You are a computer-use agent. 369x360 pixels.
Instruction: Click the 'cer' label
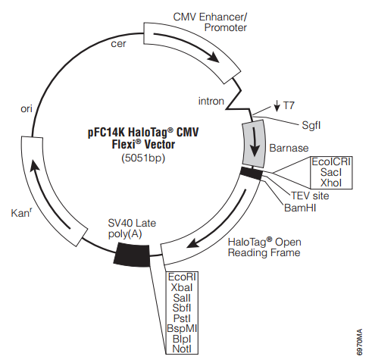tap(118, 44)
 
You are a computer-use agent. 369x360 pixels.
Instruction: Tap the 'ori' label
tap(27, 108)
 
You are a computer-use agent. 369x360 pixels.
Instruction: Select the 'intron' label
tap(211, 101)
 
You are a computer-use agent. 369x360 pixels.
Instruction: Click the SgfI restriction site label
tap(311, 125)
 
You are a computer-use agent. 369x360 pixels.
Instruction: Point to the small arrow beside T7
tap(277, 105)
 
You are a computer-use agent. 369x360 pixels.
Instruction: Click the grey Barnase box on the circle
tap(254, 143)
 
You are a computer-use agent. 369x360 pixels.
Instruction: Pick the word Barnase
tap(289, 148)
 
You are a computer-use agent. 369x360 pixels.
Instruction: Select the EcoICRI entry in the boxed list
tap(331, 161)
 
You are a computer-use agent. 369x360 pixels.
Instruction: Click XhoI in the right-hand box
tap(331, 183)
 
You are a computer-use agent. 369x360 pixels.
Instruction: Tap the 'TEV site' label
tap(310, 196)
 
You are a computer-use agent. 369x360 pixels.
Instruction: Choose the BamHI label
tap(300, 208)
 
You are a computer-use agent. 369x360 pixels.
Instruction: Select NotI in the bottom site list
tap(182, 349)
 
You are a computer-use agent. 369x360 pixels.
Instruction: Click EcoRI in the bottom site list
tap(182, 277)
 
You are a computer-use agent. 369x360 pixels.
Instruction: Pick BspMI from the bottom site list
tap(182, 328)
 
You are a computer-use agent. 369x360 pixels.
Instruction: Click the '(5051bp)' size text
tap(143, 158)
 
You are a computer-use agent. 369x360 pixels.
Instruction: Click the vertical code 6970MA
tap(359, 342)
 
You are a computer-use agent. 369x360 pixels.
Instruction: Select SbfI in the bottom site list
tap(182, 308)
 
